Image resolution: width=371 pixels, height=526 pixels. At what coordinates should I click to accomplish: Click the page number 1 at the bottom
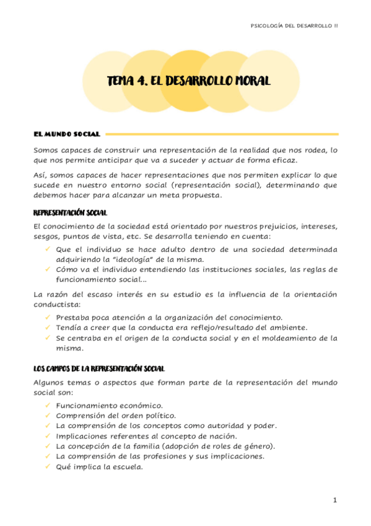[335, 500]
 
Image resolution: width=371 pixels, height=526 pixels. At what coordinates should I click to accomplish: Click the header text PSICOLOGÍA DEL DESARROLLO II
[294, 26]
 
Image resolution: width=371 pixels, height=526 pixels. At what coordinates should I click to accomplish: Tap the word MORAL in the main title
[248, 81]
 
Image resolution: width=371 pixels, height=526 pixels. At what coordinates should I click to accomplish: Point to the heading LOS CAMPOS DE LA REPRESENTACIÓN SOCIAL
[98, 368]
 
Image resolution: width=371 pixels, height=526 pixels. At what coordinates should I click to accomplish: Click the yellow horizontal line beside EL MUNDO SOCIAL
[222, 133]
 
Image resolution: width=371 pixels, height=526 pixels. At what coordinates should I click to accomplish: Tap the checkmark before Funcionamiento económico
[48, 404]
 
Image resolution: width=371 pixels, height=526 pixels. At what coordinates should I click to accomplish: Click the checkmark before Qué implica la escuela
[48, 467]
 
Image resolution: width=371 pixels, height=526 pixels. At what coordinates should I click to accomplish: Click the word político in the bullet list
[160, 415]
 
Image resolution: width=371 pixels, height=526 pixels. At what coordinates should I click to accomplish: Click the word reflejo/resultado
[212, 327]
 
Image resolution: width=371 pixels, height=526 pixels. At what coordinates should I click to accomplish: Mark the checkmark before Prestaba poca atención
[48, 316]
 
